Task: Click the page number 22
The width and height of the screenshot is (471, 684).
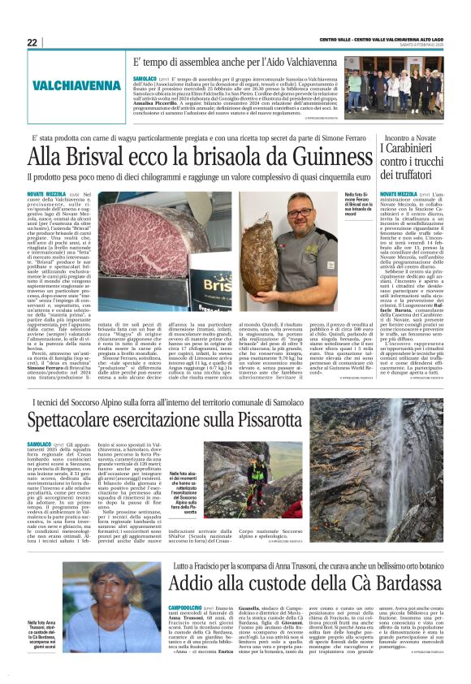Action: pos(33,42)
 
